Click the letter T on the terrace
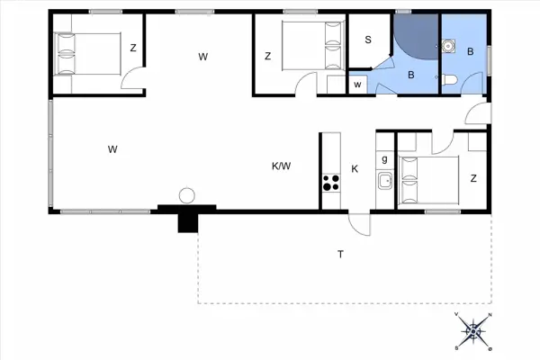tap(340, 255)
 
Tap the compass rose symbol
tap(474, 330)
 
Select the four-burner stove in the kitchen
tap(330, 183)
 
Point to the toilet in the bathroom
tap(450, 80)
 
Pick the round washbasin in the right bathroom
tap(447, 43)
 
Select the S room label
tap(369, 40)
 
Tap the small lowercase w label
tap(357, 85)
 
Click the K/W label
tap(282, 166)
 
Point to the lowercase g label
tap(384, 159)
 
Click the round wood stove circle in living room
tap(187, 194)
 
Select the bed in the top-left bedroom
tap(87, 52)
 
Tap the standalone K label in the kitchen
tap(355, 169)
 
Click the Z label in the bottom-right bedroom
tap(473, 179)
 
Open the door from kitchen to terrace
tap(358, 222)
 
